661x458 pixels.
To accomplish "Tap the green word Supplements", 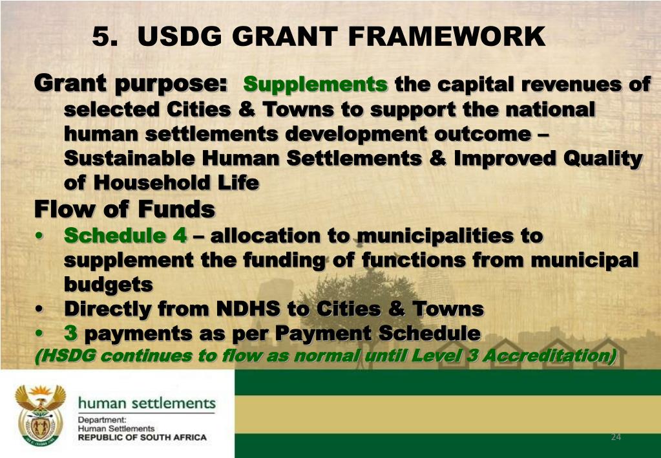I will tap(316, 85).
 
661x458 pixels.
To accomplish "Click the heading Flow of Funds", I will tap(124, 210).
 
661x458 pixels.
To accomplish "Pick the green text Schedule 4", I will tap(125, 235).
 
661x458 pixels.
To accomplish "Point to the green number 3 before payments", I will tap(71, 334).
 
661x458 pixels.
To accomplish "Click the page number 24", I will tap(615, 437).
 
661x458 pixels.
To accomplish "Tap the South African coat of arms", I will tap(41, 415).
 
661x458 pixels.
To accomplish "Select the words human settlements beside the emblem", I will tap(147, 404).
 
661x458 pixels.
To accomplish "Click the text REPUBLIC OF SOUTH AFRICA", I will tap(142, 437).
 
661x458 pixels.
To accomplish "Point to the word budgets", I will tap(108, 285).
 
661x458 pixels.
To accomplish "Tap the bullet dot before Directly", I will tap(41, 310).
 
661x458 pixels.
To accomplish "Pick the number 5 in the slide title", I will tap(101, 36).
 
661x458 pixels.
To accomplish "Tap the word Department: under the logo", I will tap(101, 420).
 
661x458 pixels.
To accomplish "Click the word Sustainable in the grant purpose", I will tap(129, 158).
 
